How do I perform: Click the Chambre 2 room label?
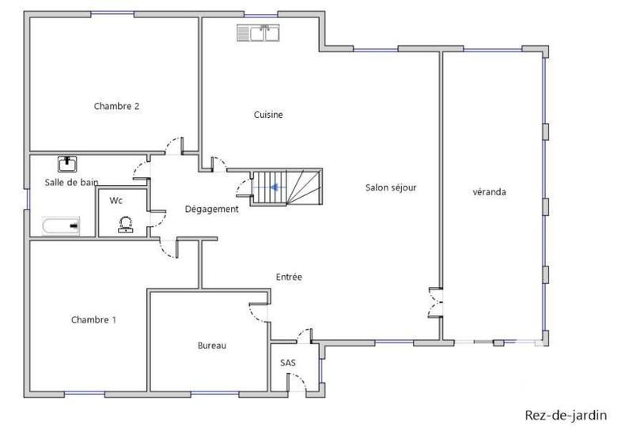(116, 106)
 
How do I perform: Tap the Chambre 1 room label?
(93, 319)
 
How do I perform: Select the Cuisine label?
(268, 115)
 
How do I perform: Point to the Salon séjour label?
(391, 187)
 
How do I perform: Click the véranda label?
(489, 191)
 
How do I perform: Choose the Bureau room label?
(212, 346)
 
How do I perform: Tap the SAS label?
(288, 363)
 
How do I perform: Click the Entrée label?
(289, 277)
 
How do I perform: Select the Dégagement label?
(211, 209)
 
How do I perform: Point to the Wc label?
(116, 200)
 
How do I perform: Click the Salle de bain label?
(71, 182)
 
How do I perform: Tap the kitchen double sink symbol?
(259, 32)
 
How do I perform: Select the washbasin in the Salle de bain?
(68, 164)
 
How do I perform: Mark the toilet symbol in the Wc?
(124, 225)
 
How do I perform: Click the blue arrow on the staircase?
(274, 187)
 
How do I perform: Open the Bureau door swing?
(258, 312)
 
